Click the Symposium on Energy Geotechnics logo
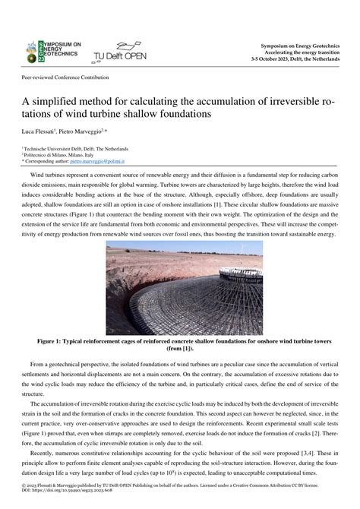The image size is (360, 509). (x=54, y=51)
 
